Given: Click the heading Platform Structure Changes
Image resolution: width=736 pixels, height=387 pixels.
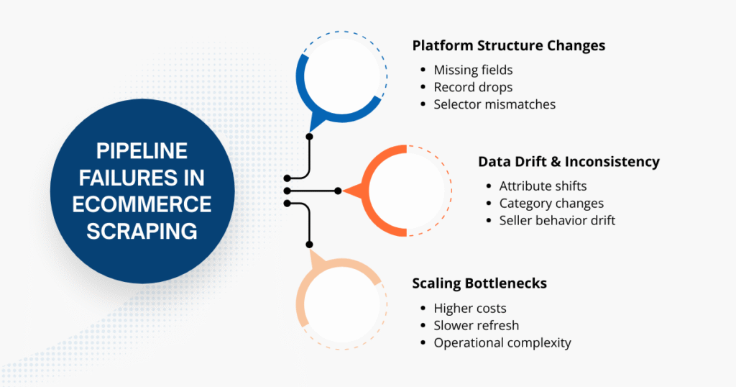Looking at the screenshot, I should click(508, 45).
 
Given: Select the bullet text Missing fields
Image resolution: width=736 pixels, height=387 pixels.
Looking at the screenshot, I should click(473, 70).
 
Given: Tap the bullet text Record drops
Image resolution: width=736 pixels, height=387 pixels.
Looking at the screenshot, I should click(473, 87).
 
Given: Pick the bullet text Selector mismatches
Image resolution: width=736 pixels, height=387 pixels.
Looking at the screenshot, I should click(494, 104).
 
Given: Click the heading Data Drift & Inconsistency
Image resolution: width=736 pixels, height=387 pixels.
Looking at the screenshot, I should click(569, 162).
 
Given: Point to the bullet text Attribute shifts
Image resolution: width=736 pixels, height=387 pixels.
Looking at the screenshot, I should click(543, 186).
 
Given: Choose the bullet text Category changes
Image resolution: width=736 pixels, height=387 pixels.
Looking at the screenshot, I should click(551, 204).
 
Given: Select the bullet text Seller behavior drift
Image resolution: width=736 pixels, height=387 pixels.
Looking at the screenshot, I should click(557, 221).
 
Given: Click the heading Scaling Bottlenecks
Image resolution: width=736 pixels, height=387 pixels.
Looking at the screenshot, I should click(479, 283).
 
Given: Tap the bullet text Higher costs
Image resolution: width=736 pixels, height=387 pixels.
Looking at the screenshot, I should click(470, 309).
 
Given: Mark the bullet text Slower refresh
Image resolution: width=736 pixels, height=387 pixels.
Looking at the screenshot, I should click(476, 326).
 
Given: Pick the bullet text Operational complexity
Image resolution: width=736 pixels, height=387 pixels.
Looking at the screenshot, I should click(502, 343).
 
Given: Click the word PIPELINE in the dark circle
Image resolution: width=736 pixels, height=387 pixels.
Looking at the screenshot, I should click(142, 151).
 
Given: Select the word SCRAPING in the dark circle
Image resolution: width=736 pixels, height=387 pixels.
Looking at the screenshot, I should click(142, 231).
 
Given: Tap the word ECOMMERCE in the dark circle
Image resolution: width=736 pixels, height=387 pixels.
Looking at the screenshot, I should click(142, 204).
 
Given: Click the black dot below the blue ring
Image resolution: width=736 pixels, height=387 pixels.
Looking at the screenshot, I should click(310, 136).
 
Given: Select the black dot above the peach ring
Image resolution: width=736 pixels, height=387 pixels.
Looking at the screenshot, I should click(310, 245).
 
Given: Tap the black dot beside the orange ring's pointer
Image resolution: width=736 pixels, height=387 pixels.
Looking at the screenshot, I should click(339, 191).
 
